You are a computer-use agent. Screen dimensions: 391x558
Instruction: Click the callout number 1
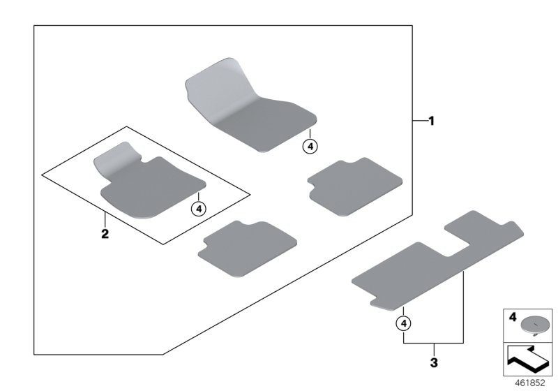[431, 121]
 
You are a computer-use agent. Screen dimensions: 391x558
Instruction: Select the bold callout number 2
[105, 233]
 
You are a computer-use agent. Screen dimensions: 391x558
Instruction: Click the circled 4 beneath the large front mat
[310, 146]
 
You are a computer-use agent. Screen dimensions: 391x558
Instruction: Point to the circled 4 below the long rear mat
[405, 323]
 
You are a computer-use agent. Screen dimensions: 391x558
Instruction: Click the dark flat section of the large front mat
[265, 122]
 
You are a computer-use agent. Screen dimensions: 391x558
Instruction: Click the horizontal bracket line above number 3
[435, 344]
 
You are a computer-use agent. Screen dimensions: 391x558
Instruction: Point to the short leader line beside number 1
[418, 121]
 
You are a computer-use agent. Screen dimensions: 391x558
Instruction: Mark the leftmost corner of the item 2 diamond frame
[41, 175]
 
